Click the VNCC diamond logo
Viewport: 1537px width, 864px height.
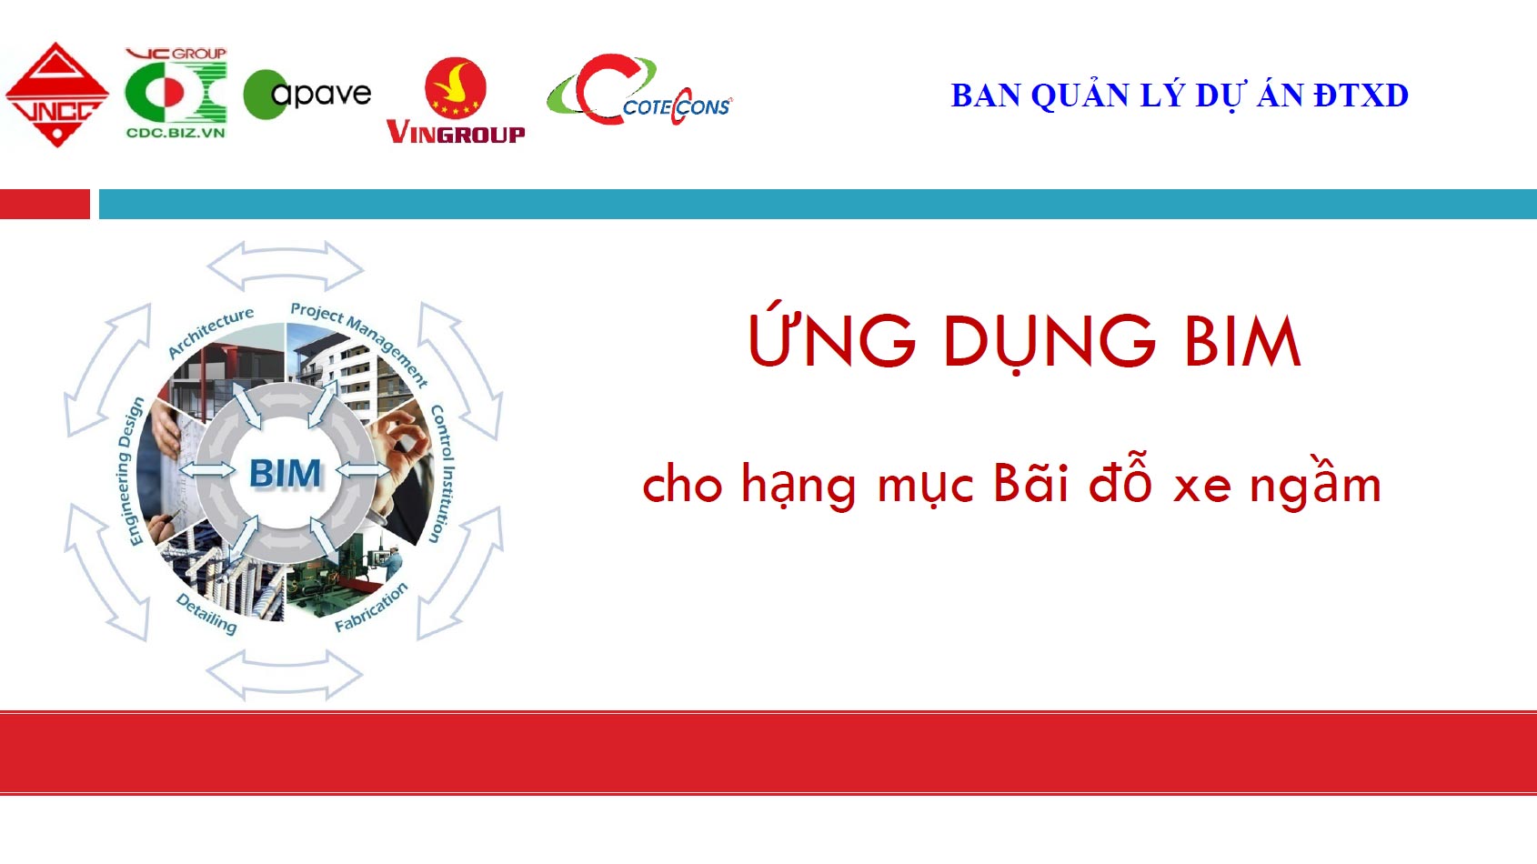point(57,95)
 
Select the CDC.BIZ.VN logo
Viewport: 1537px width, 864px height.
point(176,93)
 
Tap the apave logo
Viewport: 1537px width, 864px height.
point(307,95)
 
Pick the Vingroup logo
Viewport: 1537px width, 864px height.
point(456,100)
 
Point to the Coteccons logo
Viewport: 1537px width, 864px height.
point(639,90)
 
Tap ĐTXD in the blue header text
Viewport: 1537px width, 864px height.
point(1361,95)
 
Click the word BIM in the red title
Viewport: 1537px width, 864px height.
point(1242,341)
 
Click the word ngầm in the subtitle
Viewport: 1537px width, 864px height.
point(1315,483)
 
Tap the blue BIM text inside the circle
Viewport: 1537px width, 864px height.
point(285,473)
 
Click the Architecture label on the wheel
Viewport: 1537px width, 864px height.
point(211,332)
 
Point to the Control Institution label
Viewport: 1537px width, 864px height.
point(442,474)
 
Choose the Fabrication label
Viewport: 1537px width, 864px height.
point(371,607)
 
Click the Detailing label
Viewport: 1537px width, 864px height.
point(206,614)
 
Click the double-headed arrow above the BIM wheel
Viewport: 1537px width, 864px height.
point(285,266)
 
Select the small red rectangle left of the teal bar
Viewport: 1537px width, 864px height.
point(45,204)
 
